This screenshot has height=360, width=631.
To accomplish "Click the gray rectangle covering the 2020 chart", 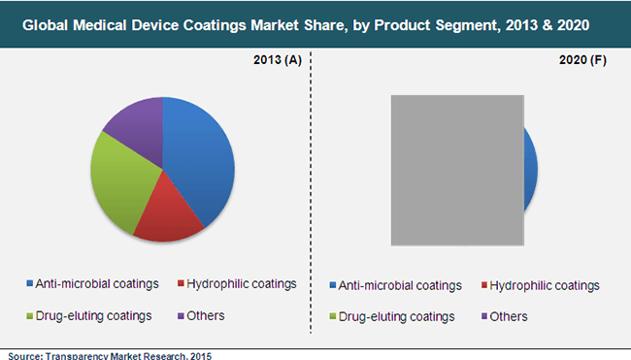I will [x=456, y=170].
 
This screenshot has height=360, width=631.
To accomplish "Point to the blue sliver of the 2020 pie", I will [x=530, y=170].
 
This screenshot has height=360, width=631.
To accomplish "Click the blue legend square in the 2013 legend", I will [x=27, y=284].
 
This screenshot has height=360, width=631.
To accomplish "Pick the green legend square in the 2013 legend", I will [x=27, y=316].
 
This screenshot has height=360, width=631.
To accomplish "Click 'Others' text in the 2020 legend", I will [x=510, y=316].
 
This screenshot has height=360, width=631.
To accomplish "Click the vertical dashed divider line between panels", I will [x=311, y=194].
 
